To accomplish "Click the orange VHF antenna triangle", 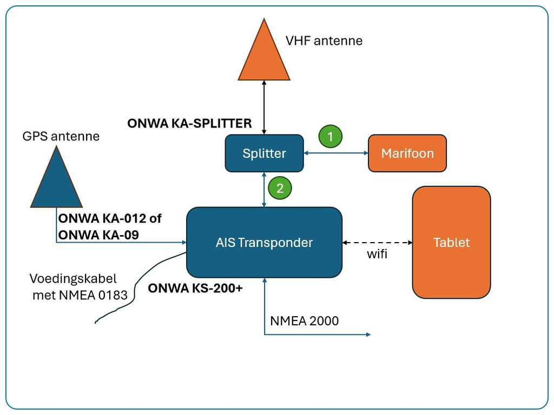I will point(264,57).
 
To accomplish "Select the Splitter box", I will point(264,153).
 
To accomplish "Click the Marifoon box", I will point(407,153).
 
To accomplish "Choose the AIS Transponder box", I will point(264,243).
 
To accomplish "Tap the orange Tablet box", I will point(451,243).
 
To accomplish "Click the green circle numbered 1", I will point(330,136).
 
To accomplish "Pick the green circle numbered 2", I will point(280,188).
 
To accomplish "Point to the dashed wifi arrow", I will point(377,242).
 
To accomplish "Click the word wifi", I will point(377,254).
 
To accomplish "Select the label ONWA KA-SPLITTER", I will point(189,123).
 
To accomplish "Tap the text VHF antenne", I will point(324,41).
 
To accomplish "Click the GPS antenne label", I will point(61,136).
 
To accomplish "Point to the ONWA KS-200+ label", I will point(195,289).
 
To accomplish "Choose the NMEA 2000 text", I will point(305,321).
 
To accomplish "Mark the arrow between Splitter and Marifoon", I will point(336,153).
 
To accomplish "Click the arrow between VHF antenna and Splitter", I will point(264,108).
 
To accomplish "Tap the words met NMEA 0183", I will point(80,295).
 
